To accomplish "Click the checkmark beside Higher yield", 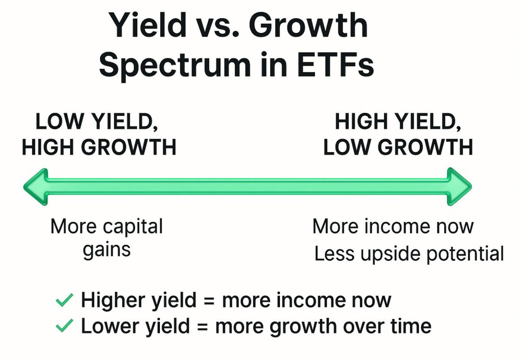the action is pos(65,300).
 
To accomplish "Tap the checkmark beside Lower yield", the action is pos(65,325).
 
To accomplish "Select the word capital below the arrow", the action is pos(133,227).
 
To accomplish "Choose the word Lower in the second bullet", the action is pos(110,325).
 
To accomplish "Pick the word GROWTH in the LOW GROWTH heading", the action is pos(425,147).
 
